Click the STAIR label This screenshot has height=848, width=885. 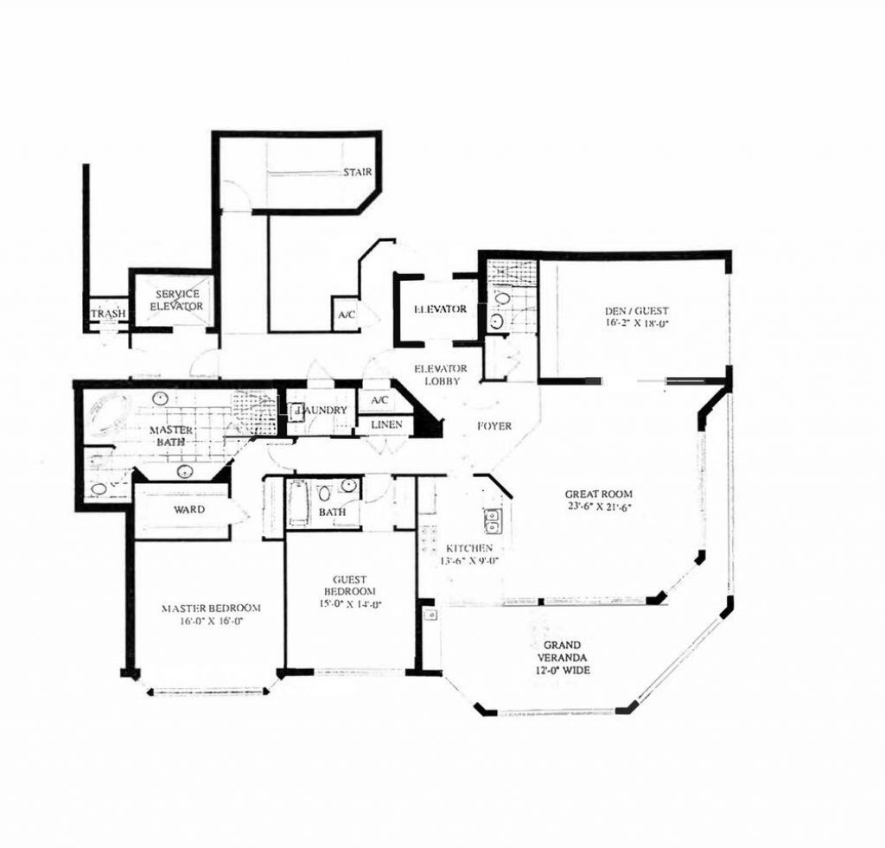357,172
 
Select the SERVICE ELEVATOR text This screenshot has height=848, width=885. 176,300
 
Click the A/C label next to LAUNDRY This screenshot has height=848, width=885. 379,401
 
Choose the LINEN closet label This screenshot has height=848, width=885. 385,424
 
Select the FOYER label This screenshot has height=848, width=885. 494,426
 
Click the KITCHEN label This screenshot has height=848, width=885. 468,548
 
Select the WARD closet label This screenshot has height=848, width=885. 189,509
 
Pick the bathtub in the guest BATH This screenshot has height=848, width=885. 299,503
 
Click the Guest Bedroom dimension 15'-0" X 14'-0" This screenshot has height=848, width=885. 350,605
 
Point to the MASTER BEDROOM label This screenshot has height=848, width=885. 211,608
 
